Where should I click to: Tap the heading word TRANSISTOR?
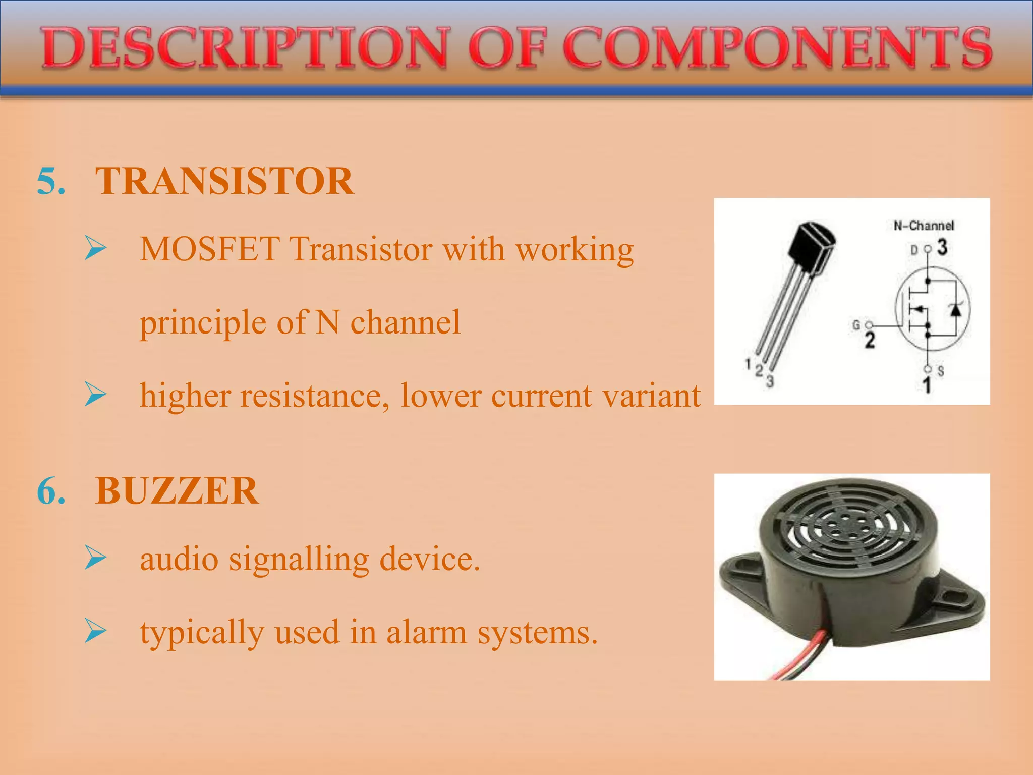click(x=224, y=181)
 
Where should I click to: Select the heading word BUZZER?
click(x=177, y=491)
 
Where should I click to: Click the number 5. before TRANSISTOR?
click(x=51, y=181)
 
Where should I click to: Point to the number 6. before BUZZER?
click(x=51, y=491)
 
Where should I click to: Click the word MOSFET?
click(x=209, y=249)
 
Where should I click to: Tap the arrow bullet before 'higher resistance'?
click(x=95, y=395)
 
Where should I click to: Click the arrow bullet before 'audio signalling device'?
click(x=95, y=558)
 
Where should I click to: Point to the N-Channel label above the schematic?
click(x=924, y=226)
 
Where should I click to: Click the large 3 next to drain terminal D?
click(x=942, y=247)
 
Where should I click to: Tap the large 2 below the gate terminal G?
click(x=870, y=341)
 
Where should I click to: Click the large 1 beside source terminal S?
click(x=927, y=385)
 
